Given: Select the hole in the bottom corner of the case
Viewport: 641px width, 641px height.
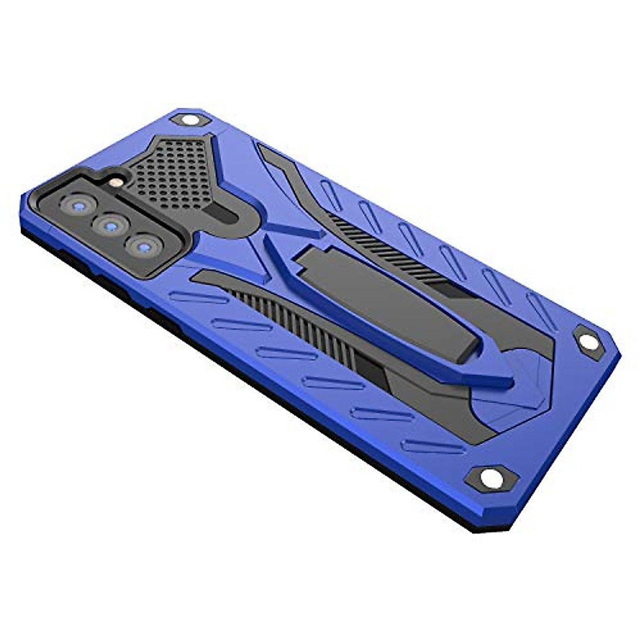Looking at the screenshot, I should point(491,476).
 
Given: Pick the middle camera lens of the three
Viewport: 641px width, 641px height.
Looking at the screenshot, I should point(111,226).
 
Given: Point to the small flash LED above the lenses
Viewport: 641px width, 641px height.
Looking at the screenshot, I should point(114,183).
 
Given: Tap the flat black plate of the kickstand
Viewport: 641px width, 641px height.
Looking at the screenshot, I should point(385,299).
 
